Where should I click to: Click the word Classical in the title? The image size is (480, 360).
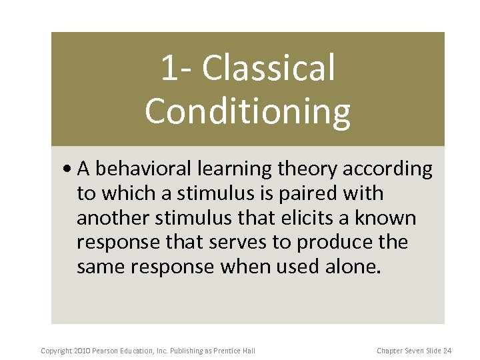tap(268, 69)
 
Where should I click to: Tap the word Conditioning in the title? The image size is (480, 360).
tap(247, 111)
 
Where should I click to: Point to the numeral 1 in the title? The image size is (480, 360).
tap(169, 69)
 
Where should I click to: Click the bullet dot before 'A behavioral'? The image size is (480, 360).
tap(70, 170)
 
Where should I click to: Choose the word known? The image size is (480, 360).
tap(394, 218)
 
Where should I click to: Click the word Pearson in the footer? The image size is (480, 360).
tap(109, 351)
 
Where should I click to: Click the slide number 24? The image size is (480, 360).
tap(447, 351)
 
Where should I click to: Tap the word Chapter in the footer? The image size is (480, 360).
tap(389, 351)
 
